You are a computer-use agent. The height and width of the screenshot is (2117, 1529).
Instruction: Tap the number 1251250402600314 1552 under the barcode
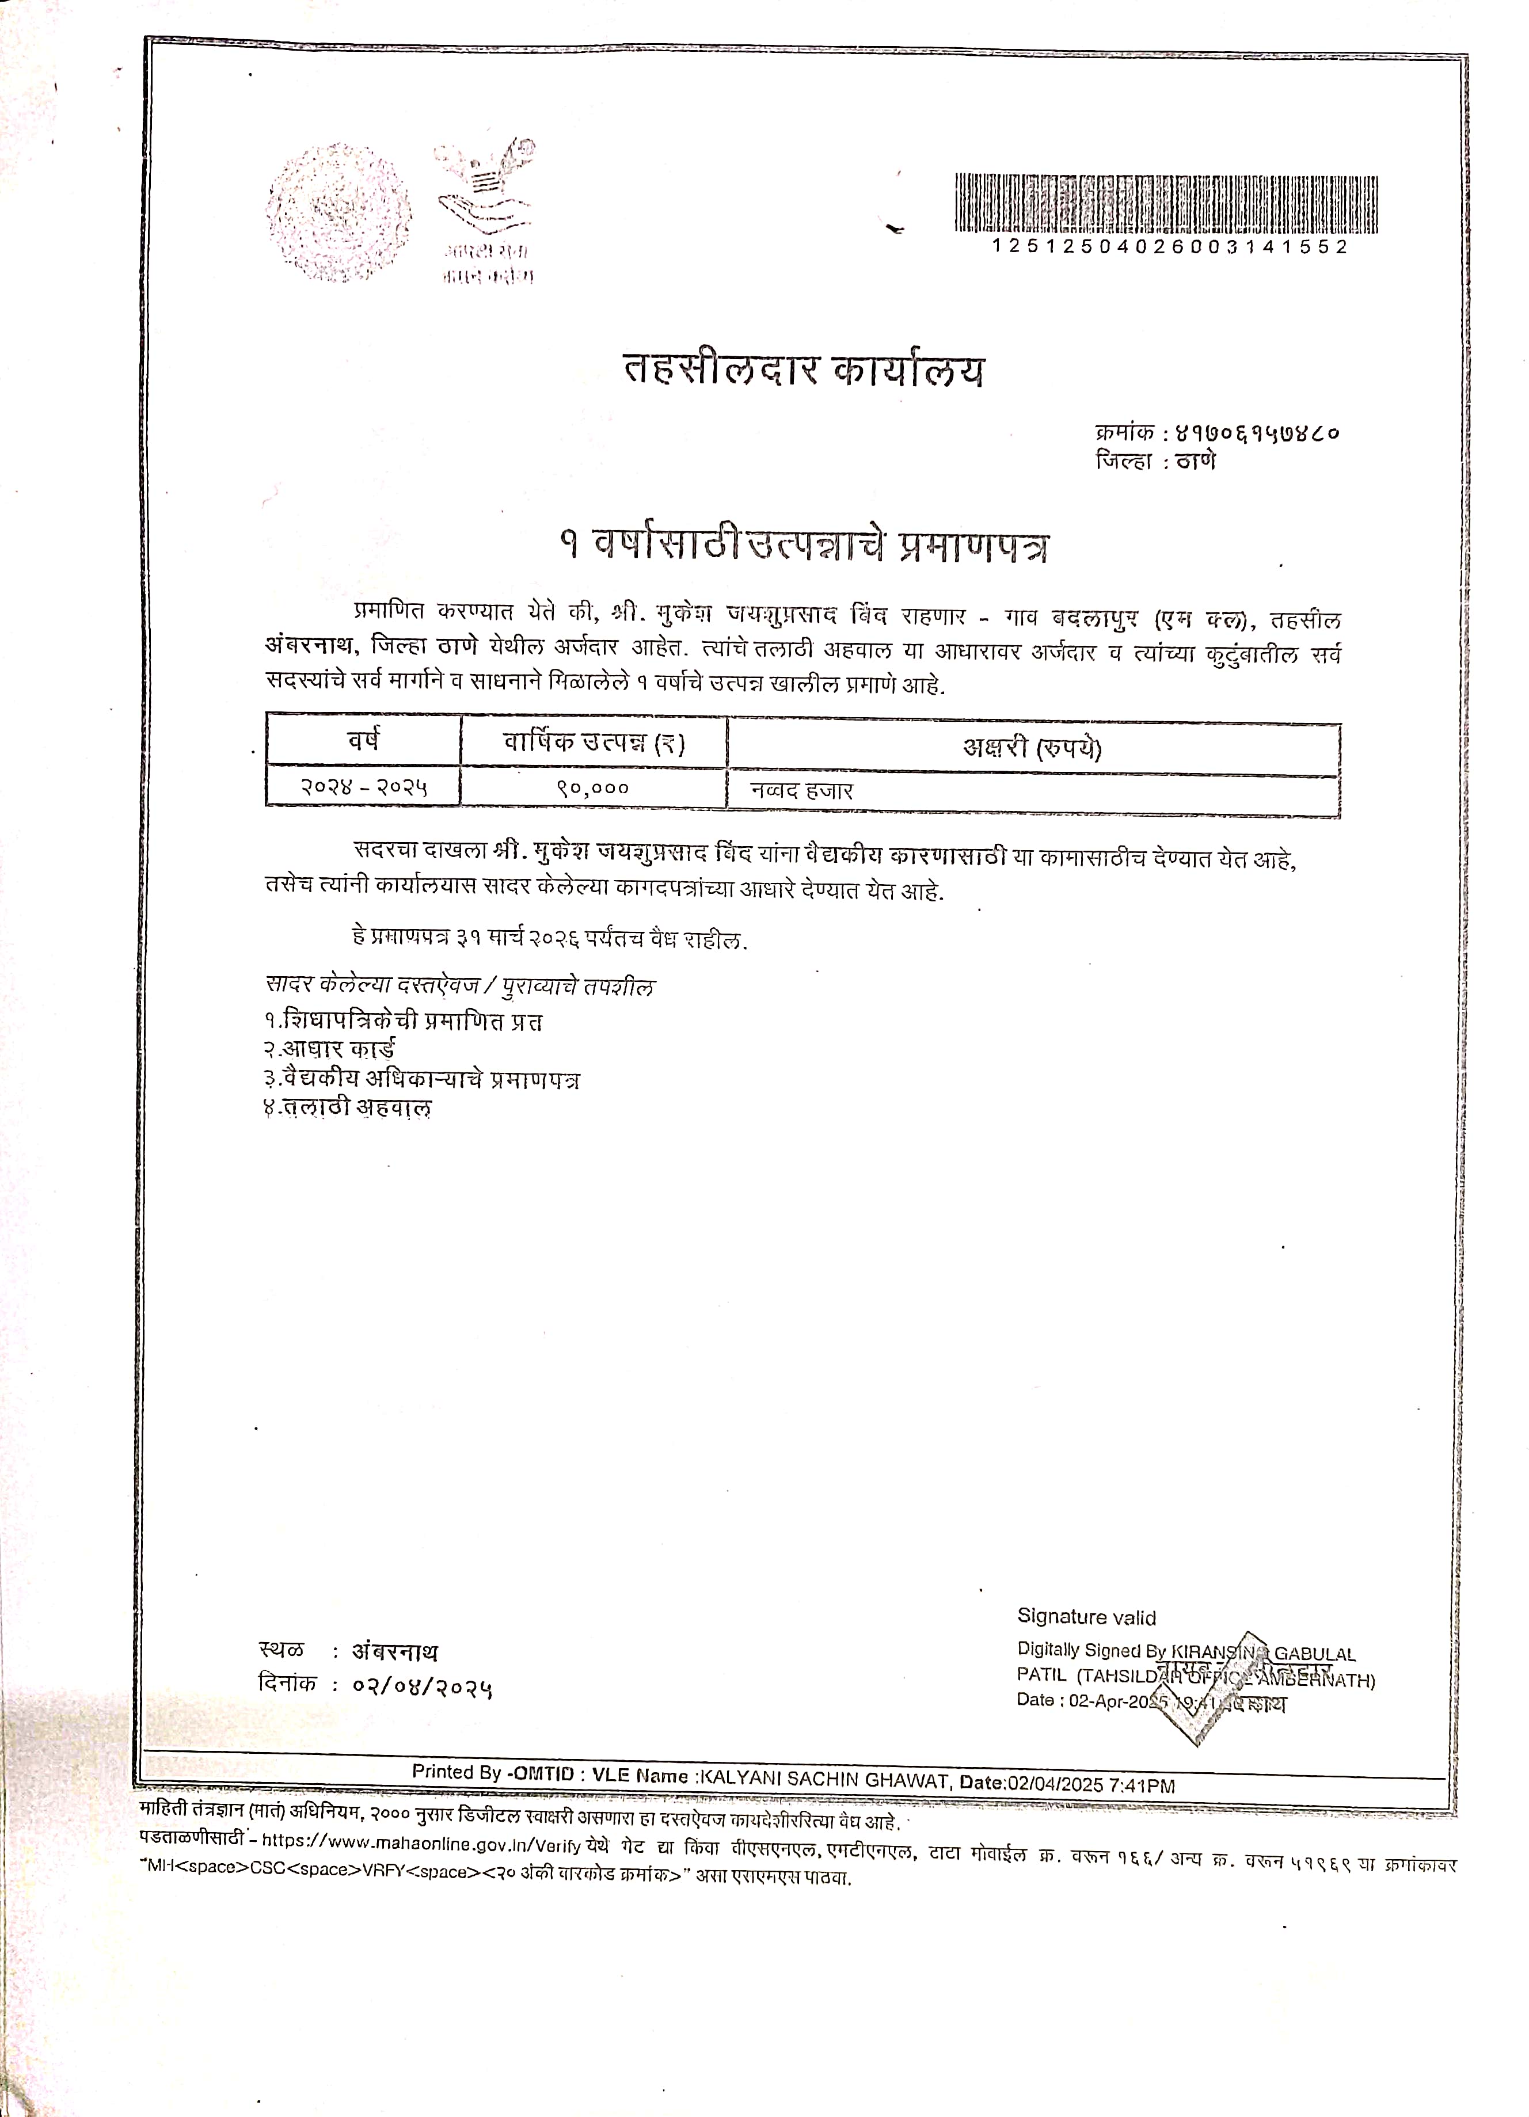click(1170, 248)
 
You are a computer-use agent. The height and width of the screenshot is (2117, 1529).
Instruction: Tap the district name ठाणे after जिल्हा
click(1196, 461)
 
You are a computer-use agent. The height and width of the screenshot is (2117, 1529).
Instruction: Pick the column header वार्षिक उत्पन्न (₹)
click(594, 744)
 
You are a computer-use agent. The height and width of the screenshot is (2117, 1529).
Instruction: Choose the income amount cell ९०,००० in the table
click(593, 789)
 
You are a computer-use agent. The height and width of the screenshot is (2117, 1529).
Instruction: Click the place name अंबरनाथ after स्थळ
click(394, 1651)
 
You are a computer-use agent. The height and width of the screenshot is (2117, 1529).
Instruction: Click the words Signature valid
click(1086, 1617)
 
